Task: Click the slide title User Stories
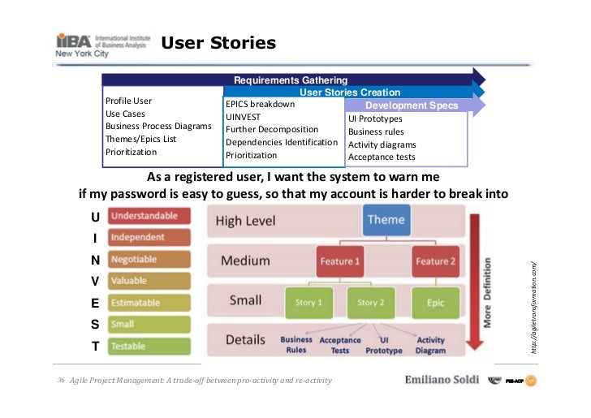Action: [x=218, y=42]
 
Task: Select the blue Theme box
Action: [x=386, y=221]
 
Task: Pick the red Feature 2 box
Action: [x=435, y=261]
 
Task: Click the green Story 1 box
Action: [x=308, y=302]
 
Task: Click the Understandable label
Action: [x=149, y=217]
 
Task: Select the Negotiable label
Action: [x=149, y=260]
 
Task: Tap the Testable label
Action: [x=149, y=347]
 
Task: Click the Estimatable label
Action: [x=149, y=303]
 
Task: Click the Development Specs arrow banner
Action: [x=412, y=106]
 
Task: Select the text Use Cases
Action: [x=126, y=114]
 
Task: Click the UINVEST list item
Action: [x=244, y=117]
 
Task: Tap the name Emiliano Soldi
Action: [x=442, y=381]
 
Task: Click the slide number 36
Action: [x=61, y=381]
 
